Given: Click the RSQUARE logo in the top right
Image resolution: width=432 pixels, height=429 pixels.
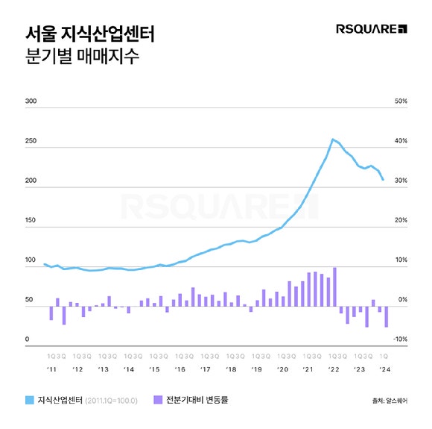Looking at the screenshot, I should (x=372, y=29).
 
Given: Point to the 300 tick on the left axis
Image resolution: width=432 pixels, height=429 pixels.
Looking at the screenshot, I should (x=31, y=101).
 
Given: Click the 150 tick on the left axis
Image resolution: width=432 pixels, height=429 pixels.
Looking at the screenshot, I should (x=31, y=221).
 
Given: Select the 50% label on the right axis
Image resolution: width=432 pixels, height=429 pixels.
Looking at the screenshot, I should (x=400, y=101).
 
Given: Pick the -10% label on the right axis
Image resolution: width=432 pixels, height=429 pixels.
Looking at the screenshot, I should (x=399, y=339).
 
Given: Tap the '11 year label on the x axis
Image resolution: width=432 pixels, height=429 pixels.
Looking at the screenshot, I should (x=51, y=369).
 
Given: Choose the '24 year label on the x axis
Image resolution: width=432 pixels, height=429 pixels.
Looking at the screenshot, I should (x=385, y=369).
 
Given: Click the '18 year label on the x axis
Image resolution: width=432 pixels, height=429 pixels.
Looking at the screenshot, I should (x=231, y=369).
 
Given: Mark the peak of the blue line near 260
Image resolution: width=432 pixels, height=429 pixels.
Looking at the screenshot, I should (x=332, y=139).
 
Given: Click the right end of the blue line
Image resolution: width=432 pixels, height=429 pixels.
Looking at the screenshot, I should (x=384, y=180).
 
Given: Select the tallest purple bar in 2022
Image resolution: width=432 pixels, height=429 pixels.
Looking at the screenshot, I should (x=335, y=284).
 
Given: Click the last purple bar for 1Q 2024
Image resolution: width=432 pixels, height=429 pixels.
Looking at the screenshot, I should (x=386, y=316).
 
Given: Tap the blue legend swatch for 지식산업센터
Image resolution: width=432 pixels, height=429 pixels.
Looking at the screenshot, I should (x=31, y=400).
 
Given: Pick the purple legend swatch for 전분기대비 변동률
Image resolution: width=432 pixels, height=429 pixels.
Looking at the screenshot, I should (x=157, y=400).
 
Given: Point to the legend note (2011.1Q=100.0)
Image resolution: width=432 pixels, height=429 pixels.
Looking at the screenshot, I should (x=112, y=401).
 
